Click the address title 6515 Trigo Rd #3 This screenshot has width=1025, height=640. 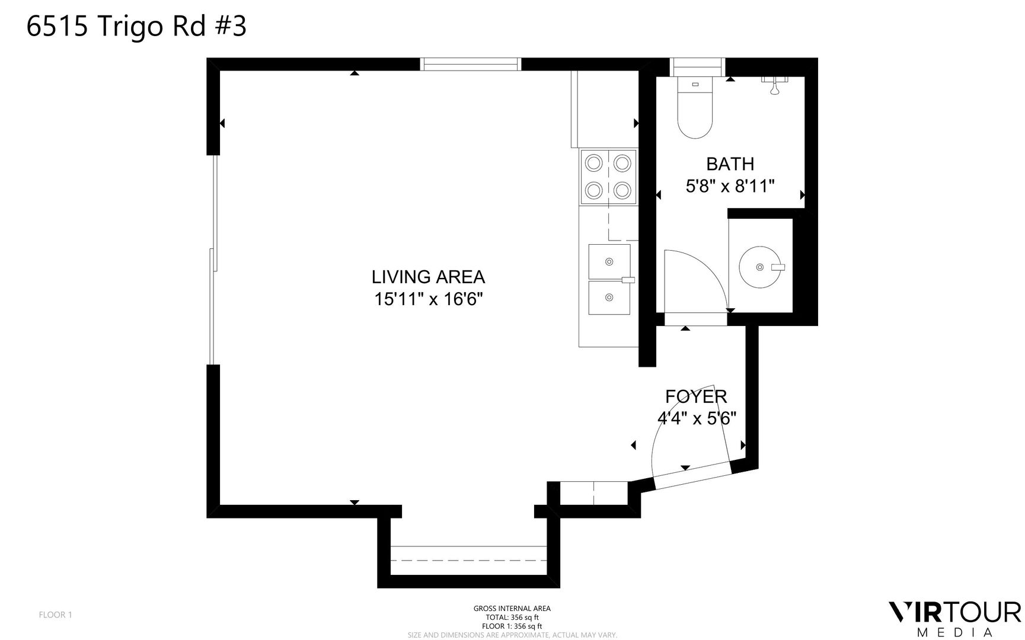point(136,27)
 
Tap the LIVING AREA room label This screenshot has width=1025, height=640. point(428,277)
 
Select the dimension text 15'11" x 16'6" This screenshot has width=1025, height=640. point(429,299)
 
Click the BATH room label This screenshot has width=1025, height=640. point(730,164)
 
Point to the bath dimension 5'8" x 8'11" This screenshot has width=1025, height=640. point(730,186)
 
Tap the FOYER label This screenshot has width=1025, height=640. point(696,396)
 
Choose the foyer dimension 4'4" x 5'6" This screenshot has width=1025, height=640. point(697,418)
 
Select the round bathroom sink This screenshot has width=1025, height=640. point(761,267)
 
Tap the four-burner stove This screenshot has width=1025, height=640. point(608,177)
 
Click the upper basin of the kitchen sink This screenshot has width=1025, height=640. point(609,261)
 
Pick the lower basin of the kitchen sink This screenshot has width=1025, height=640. point(609,297)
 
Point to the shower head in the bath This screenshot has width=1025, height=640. point(774,85)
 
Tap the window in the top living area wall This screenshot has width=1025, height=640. point(471,64)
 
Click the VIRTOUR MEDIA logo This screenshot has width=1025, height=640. point(954,619)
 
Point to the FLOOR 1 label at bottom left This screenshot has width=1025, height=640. point(55,615)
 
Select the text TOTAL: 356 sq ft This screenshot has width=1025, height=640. point(512,617)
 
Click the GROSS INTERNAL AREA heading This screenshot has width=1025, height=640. point(512,609)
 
